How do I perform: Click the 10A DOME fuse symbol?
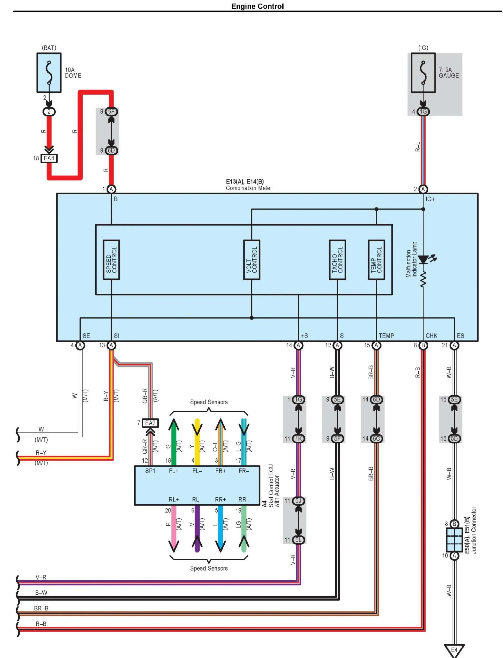tap(49, 73)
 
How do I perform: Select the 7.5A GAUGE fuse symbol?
tap(423, 73)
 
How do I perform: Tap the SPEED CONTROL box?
tap(111, 260)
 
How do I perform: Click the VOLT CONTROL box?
tap(252, 260)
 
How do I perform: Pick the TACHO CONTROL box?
tap(337, 260)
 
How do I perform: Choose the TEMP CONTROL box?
tap(376, 260)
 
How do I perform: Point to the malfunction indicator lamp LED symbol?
tap(425, 259)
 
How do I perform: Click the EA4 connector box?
tap(49, 158)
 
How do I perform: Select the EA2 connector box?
tap(150, 423)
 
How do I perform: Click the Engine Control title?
tap(258, 6)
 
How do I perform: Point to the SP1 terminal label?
tap(150, 471)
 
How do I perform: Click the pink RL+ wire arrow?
tap(174, 528)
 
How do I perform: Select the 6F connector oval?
tap(111, 112)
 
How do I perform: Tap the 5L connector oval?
tap(298, 540)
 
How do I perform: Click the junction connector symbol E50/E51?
tap(454, 540)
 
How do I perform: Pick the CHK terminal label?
tap(431, 336)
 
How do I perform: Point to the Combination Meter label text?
tap(249, 188)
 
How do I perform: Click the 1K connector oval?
tap(298, 438)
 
